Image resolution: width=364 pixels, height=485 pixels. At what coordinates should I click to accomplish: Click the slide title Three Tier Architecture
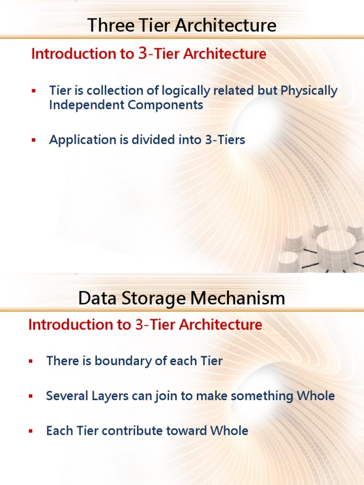[182, 25]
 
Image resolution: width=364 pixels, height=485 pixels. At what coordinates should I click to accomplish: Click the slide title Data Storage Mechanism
[182, 298]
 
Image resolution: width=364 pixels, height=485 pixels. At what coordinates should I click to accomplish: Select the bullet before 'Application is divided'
[34, 140]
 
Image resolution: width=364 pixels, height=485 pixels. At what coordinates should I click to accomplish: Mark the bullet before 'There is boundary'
[31, 361]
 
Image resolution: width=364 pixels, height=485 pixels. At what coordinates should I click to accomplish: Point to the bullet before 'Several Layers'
[31, 396]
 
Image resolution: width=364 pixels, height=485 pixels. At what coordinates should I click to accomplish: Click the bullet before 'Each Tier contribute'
[31, 431]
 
